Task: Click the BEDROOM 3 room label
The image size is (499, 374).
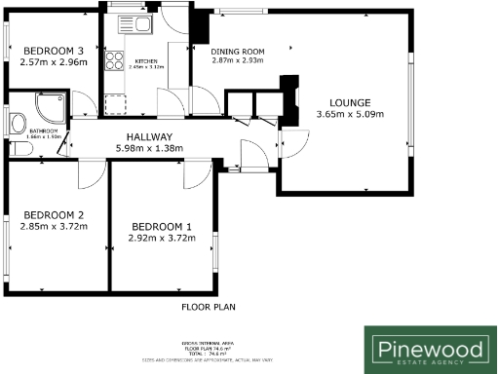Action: pos(54,51)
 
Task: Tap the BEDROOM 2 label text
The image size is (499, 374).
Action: pos(54,215)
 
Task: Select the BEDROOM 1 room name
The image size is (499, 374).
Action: pos(162,226)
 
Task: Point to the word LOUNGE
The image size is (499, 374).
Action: pos(350,102)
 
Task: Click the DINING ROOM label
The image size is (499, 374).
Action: pos(238,51)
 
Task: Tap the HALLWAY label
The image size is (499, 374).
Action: pos(149,137)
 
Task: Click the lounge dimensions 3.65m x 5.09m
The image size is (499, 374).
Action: pos(350,114)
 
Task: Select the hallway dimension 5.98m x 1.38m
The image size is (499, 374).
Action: pos(149,149)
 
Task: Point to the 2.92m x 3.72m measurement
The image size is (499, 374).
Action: pos(162,237)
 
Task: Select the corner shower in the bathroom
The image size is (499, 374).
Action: pos(51,107)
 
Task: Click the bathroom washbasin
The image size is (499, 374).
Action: pos(17,123)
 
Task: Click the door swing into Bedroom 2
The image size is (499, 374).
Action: pos(91,173)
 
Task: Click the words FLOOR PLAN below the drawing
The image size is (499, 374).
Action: pos(208,307)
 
